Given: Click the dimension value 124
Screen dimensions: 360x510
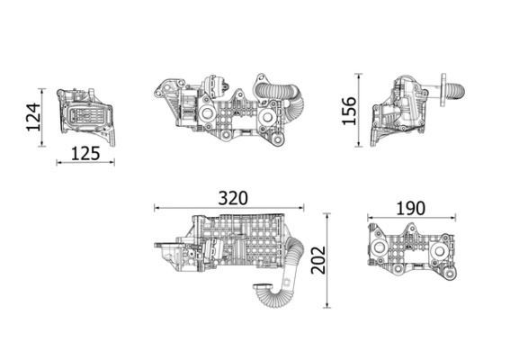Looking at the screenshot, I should coord(33,116).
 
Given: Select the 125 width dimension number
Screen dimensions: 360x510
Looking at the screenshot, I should coord(85,153).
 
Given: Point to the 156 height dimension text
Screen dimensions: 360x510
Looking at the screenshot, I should coord(350,110).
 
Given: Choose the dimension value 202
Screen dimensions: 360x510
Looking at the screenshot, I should coord(316,261).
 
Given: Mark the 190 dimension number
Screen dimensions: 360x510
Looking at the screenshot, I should coord(410,208).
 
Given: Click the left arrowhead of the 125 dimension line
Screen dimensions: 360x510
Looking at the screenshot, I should coord(58,163).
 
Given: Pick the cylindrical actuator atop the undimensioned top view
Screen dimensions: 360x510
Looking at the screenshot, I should coord(216,86).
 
